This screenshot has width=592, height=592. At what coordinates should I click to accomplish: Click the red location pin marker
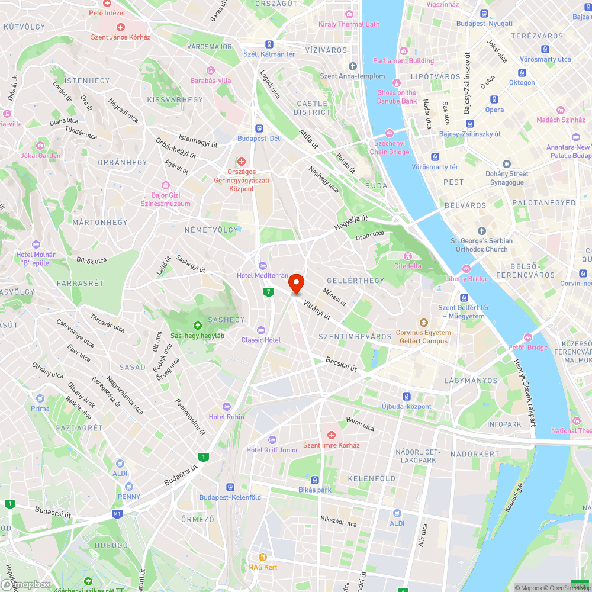296,284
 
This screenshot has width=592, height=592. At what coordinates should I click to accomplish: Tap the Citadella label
408,266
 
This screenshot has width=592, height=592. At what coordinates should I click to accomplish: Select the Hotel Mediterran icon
263,265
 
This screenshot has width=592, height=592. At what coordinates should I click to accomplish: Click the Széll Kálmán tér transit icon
269,44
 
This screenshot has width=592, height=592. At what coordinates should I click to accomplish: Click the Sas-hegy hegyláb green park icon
197,325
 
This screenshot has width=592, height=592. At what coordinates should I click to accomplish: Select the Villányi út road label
317,311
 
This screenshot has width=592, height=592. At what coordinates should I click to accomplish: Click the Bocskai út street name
341,363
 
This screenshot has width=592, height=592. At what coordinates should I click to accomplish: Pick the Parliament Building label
403,61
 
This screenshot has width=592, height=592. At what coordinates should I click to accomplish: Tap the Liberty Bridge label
467,279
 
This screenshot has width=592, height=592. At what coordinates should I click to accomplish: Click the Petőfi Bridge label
528,348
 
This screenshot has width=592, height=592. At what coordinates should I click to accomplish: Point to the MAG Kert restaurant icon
263,557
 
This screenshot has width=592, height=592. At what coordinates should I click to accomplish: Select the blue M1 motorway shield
117,514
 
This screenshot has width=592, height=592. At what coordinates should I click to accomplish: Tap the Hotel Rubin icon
226,407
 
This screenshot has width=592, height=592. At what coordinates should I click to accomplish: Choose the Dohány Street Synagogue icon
507,163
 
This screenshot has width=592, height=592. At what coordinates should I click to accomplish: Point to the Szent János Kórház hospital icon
121,27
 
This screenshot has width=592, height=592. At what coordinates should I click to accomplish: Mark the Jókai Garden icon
40,146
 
